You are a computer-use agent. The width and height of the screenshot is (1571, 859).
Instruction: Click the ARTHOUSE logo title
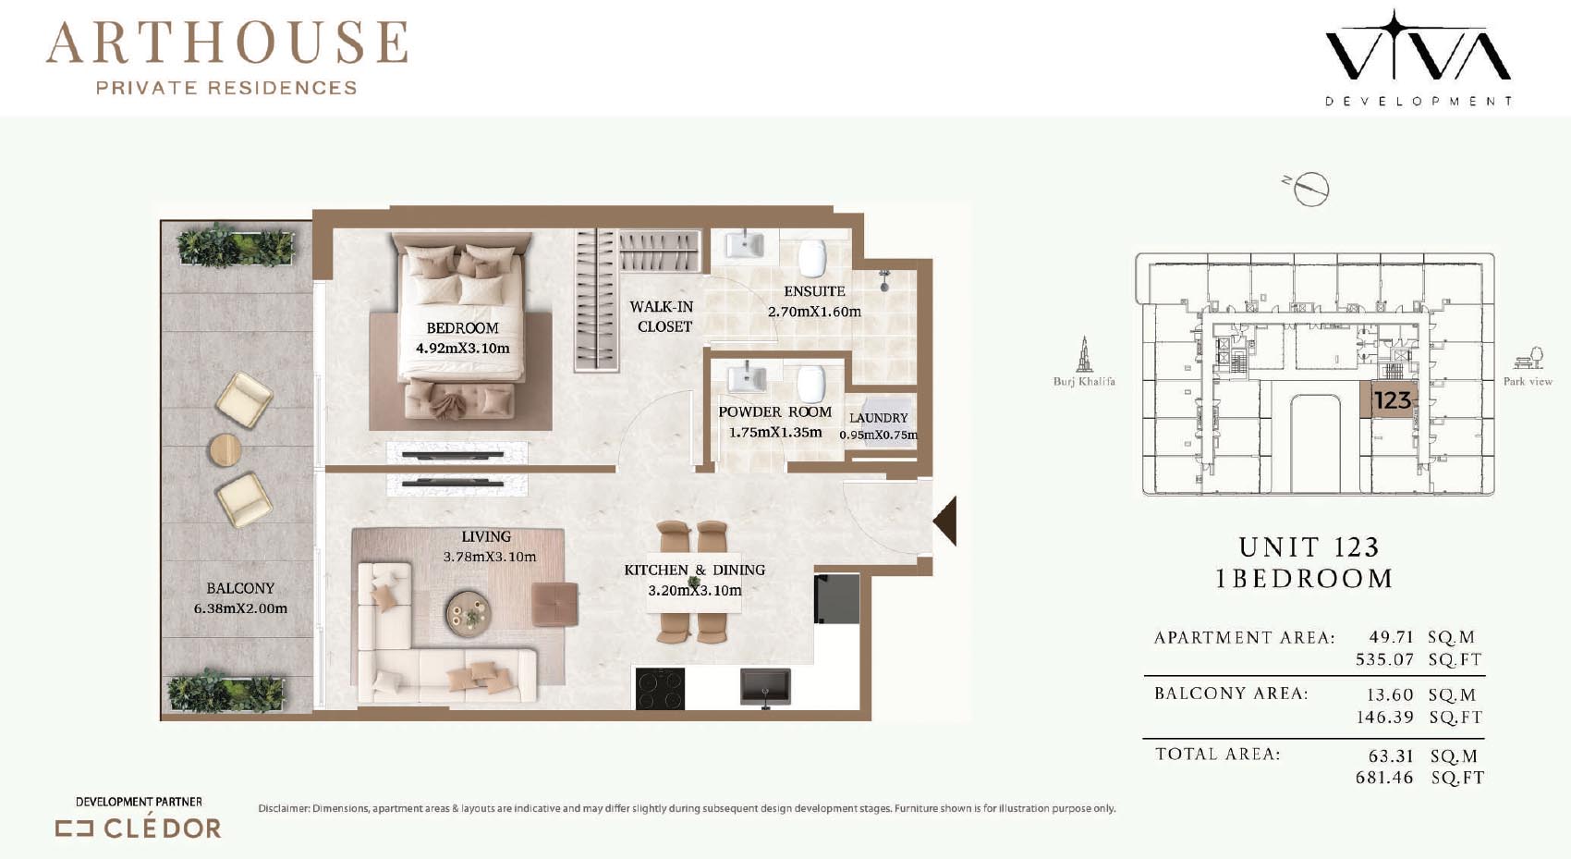(226, 43)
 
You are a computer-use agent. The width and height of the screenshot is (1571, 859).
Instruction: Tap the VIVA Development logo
(1418, 57)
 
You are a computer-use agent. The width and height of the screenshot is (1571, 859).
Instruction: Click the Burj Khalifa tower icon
(1084, 354)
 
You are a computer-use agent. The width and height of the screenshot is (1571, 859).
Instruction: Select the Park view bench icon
(1528, 358)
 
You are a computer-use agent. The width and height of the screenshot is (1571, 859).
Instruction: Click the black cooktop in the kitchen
(660, 689)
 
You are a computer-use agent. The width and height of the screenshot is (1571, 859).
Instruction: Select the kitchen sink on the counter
(765, 686)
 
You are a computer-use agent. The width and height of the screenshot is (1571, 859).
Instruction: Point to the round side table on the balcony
(225, 450)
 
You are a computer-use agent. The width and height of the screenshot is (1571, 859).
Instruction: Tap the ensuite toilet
(812, 258)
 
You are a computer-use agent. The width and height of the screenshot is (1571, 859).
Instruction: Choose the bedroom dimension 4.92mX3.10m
(462, 348)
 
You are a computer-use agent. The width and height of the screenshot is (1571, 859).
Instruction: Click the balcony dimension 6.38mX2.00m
(240, 608)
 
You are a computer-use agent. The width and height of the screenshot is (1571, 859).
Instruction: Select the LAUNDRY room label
(878, 418)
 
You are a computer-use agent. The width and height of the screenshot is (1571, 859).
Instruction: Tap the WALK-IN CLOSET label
(662, 316)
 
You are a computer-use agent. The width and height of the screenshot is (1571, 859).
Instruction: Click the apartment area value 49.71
(1392, 637)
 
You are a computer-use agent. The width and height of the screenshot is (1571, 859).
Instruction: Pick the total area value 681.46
(1384, 778)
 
